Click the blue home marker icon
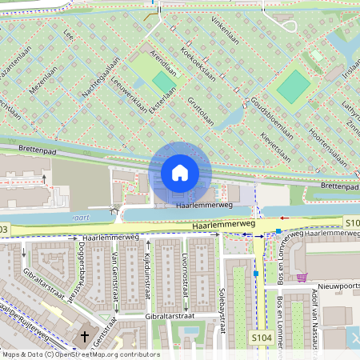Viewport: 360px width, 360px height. tap(180, 173)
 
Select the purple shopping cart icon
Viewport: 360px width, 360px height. tap(302, 278)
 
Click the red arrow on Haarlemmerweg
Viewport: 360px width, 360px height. tap(286, 217)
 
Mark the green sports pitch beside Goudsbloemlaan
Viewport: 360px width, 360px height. tap(293, 86)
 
